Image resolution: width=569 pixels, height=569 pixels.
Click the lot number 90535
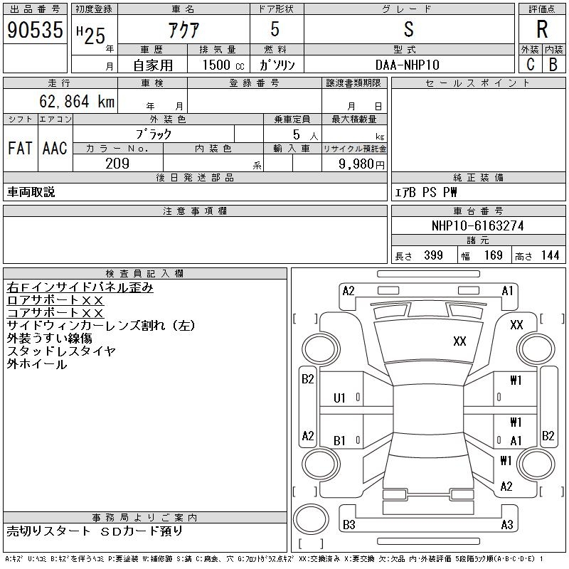pyautogui.click(x=35, y=30)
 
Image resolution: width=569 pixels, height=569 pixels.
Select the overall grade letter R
pyautogui.click(x=542, y=29)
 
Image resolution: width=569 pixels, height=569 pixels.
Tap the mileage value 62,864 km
pyautogui.click(x=77, y=101)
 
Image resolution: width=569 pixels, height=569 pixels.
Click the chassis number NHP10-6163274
pyautogui.click(x=477, y=225)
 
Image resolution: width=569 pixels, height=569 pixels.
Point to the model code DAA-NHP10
pyautogui.click(x=408, y=65)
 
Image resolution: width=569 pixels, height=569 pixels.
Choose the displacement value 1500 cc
pyautogui.click(x=223, y=65)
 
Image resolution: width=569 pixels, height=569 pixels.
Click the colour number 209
pyautogui.click(x=117, y=164)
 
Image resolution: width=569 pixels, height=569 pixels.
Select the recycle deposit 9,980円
pyautogui.click(x=361, y=164)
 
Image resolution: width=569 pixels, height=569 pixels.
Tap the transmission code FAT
pyautogui.click(x=20, y=148)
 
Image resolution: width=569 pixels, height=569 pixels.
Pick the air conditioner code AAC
pyautogui.click(x=55, y=148)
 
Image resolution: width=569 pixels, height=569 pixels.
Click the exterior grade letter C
pyautogui.click(x=531, y=65)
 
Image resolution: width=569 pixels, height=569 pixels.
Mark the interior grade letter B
pyautogui.click(x=553, y=65)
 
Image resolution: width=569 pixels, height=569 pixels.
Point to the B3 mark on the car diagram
pyautogui.click(x=349, y=524)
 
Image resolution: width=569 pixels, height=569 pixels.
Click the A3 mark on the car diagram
pyautogui.click(x=507, y=524)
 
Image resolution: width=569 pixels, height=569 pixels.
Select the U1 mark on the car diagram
pyautogui.click(x=339, y=398)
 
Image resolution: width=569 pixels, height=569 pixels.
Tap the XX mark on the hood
pyautogui.click(x=459, y=341)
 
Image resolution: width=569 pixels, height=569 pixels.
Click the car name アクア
pyautogui.click(x=184, y=30)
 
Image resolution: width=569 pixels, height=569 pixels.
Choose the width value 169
pyautogui.click(x=494, y=255)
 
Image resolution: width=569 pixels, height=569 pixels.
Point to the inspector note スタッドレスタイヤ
pyautogui.click(x=61, y=351)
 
